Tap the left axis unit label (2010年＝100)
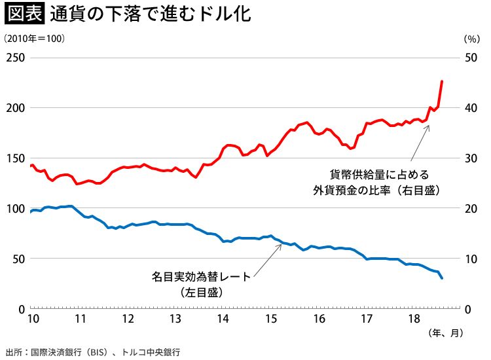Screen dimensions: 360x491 pos(34,39)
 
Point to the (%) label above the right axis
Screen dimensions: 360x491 pos(471,39)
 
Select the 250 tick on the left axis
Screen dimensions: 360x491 pos(15,58)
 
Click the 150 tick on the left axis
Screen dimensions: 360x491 pos(15,158)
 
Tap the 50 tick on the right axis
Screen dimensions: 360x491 pos(471,58)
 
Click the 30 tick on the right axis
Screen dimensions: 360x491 pos(471,158)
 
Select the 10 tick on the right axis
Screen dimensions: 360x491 pos(471,259)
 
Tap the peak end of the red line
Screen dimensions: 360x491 pos(442,82)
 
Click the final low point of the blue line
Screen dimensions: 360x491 pos(442,278)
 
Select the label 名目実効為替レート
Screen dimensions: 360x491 pos(200,277)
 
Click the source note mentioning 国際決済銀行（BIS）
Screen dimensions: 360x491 pos(92,351)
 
